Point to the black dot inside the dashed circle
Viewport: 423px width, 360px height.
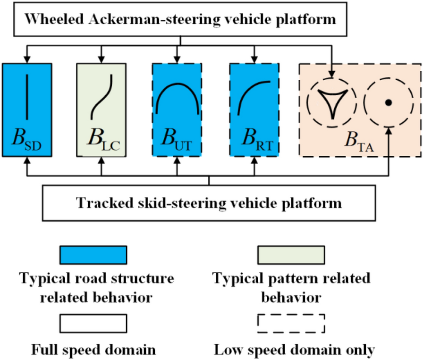click(388, 102)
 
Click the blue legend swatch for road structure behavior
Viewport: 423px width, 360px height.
click(93, 255)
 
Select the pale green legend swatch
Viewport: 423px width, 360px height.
click(291, 255)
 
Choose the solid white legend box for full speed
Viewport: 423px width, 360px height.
click(93, 324)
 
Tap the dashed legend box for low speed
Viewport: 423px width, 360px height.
click(291, 324)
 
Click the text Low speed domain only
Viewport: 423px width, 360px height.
click(294, 350)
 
